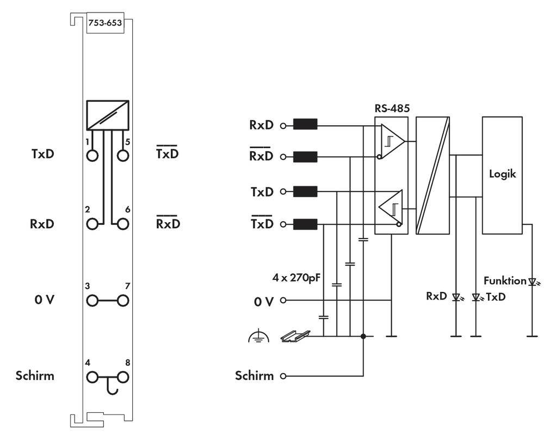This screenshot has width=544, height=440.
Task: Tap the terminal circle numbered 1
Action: coord(92,155)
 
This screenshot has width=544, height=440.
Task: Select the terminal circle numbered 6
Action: coord(123,224)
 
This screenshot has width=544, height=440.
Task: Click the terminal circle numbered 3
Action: coord(92,300)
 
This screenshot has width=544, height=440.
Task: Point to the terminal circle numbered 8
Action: coord(123,376)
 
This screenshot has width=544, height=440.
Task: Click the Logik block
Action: coord(502,175)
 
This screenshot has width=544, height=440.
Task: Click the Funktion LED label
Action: coord(504,281)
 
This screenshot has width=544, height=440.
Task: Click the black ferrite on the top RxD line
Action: coord(305,125)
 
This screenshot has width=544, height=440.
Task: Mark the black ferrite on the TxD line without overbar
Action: coord(305,191)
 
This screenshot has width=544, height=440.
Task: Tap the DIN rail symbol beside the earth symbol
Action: coord(295,336)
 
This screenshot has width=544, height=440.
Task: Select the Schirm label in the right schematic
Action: coord(255,376)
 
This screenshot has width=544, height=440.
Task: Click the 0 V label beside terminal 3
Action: coord(43,300)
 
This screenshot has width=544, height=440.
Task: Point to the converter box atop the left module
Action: coord(107,115)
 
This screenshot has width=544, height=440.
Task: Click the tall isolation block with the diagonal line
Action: coord(432,175)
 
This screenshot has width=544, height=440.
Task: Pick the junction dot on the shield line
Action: coord(363,337)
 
